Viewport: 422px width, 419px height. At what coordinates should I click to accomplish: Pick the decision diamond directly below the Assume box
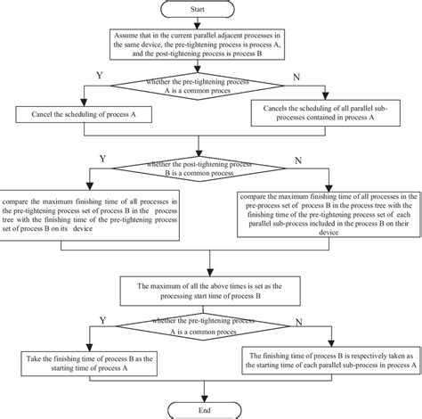pos(209,86)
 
